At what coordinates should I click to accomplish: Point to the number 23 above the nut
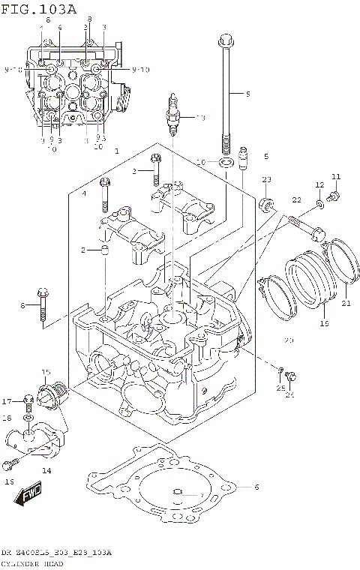coord(266,179)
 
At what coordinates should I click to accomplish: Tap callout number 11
coord(336,176)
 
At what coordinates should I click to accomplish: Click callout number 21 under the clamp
coord(346,304)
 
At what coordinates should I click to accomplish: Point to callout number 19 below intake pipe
coord(325,323)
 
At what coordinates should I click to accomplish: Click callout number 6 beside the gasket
coord(256,487)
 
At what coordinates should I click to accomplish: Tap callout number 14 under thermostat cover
coord(46,471)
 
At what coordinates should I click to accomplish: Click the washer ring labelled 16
coord(224,162)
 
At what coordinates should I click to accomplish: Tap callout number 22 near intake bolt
coord(295,199)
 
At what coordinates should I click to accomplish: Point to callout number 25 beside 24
coord(280,388)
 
